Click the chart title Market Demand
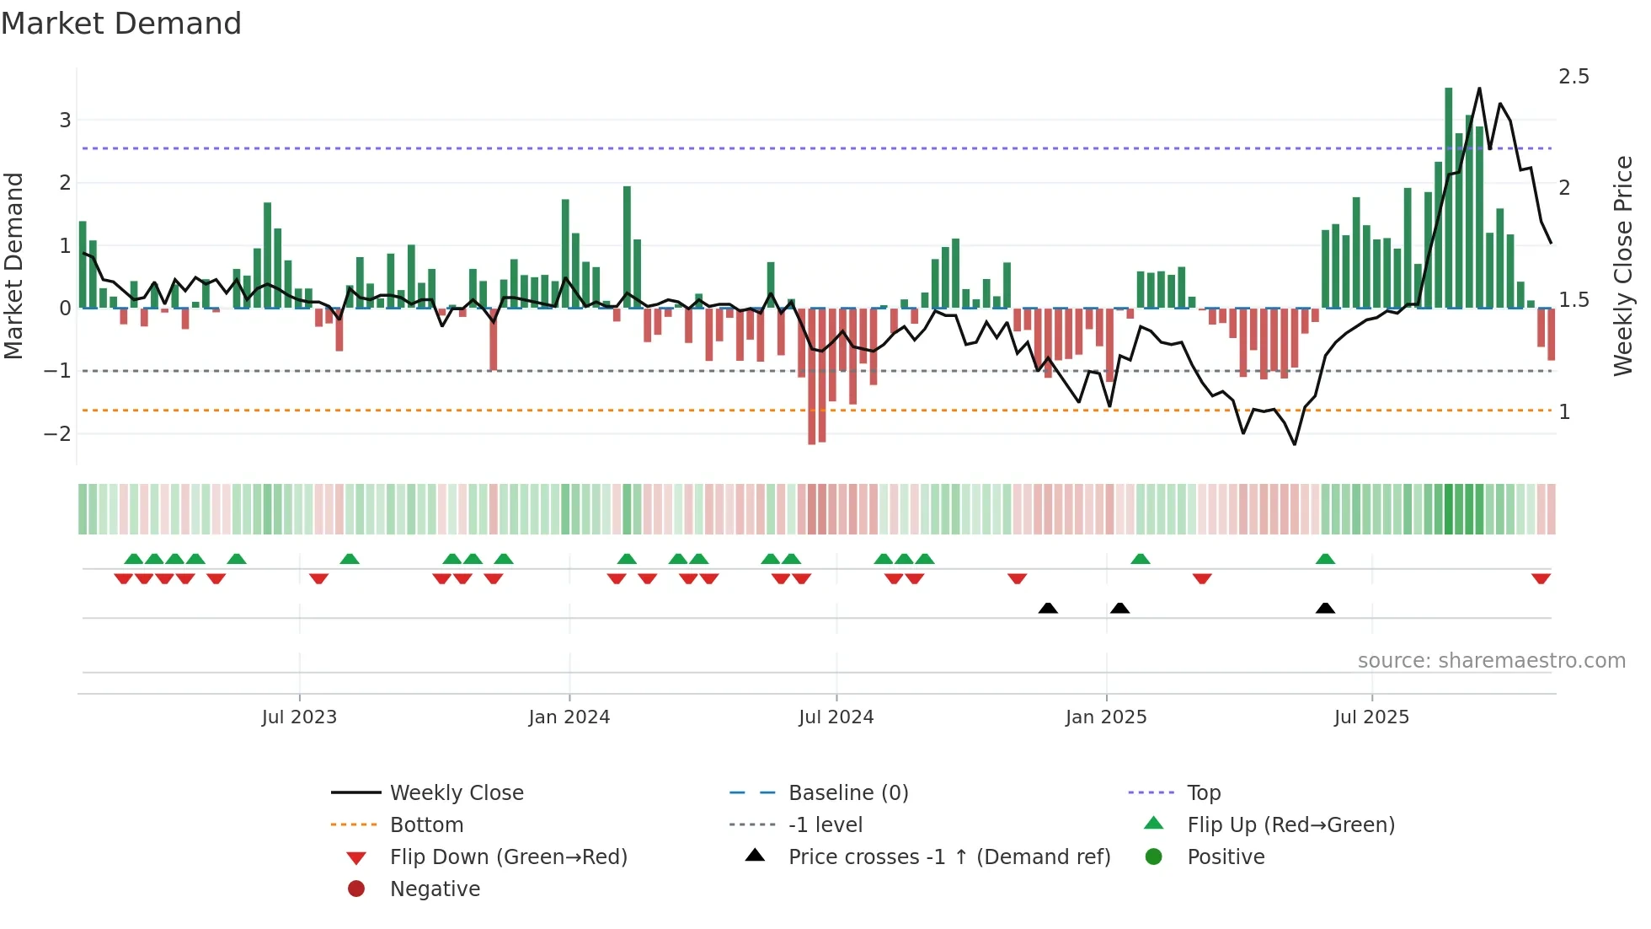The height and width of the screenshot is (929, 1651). (121, 24)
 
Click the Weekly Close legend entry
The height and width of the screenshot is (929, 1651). (456, 793)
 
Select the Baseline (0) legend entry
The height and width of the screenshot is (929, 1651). (847, 793)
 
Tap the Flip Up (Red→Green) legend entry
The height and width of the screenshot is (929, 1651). (1290, 825)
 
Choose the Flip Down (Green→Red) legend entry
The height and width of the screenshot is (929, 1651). (508, 857)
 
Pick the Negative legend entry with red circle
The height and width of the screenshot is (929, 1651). (435, 889)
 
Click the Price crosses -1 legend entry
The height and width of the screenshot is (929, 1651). (948, 857)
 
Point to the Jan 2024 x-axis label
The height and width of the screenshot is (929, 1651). (569, 717)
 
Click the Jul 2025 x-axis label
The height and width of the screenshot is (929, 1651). (1370, 717)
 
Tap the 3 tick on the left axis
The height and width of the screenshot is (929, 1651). (65, 121)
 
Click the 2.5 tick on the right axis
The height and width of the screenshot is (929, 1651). (1573, 77)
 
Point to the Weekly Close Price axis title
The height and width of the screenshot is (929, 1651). (1622, 266)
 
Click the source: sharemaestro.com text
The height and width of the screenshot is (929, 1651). (1491, 661)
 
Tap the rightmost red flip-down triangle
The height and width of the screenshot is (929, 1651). (1541, 579)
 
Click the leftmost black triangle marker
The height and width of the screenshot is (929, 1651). (1048, 608)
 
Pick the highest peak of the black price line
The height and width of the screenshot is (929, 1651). (1479, 89)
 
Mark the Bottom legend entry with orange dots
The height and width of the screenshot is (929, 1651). (426, 825)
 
